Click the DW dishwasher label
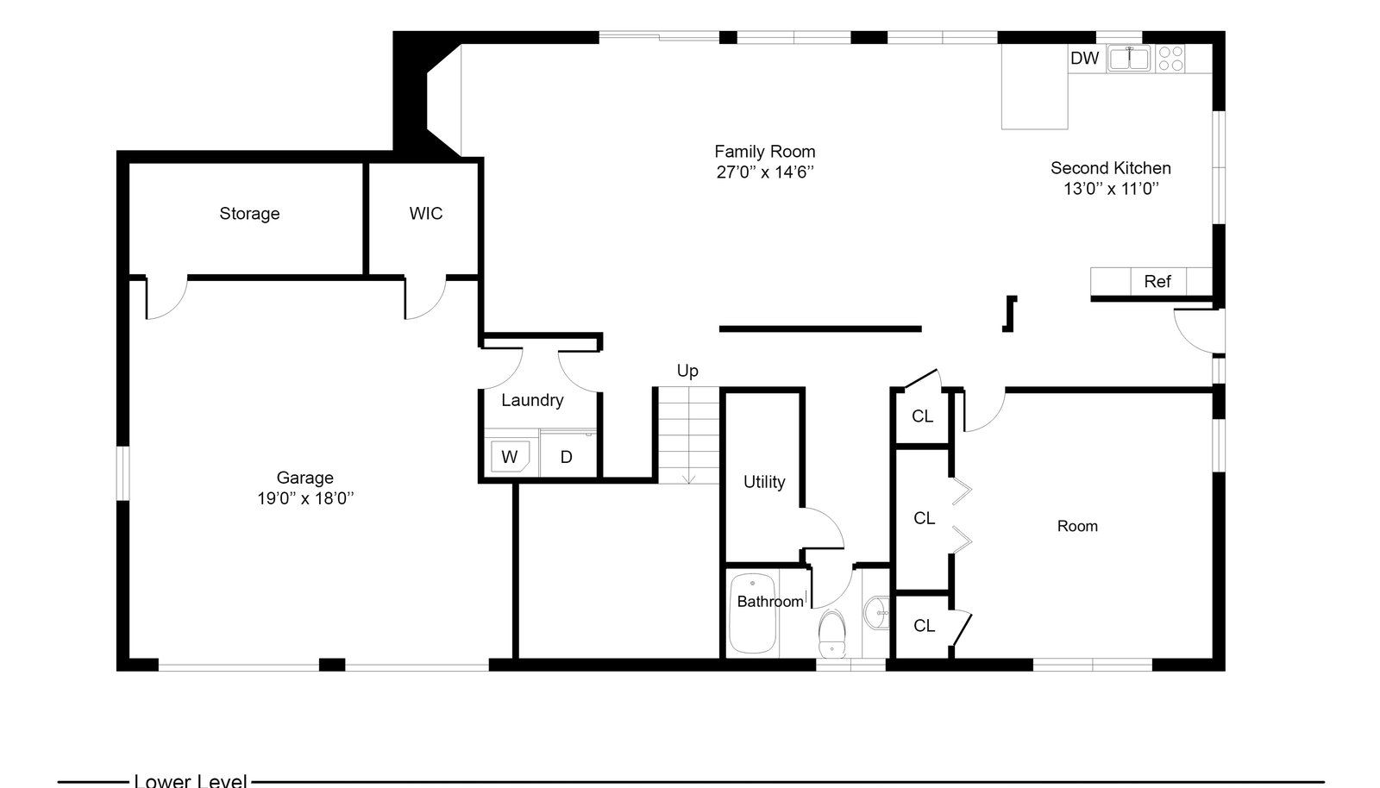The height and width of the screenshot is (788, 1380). pyautogui.click(x=1084, y=58)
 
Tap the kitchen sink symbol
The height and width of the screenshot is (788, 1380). pyautogui.click(x=1129, y=59)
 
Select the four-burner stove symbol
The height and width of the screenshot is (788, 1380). pyautogui.click(x=1170, y=59)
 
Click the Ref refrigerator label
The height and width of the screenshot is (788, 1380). pyautogui.click(x=1157, y=281)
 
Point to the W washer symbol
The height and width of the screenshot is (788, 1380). pyautogui.click(x=510, y=457)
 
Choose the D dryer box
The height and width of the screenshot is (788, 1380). pyautogui.click(x=567, y=455)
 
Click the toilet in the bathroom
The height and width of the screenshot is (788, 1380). pyautogui.click(x=832, y=634)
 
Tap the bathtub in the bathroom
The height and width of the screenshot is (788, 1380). pyautogui.click(x=752, y=613)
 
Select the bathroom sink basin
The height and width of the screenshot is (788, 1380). pyautogui.click(x=876, y=613)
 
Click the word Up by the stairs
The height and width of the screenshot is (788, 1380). pyautogui.click(x=687, y=371)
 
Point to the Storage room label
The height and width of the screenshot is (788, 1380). pyautogui.click(x=249, y=214)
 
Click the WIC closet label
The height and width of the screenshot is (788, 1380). pyautogui.click(x=426, y=213)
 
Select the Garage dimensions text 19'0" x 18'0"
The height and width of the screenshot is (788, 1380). pyautogui.click(x=305, y=498)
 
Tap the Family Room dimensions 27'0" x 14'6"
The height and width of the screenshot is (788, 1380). pyautogui.click(x=765, y=172)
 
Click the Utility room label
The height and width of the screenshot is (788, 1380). pyautogui.click(x=764, y=482)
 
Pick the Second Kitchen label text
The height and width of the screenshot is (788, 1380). pyautogui.click(x=1111, y=168)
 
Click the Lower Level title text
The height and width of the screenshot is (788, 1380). pyautogui.click(x=191, y=780)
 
